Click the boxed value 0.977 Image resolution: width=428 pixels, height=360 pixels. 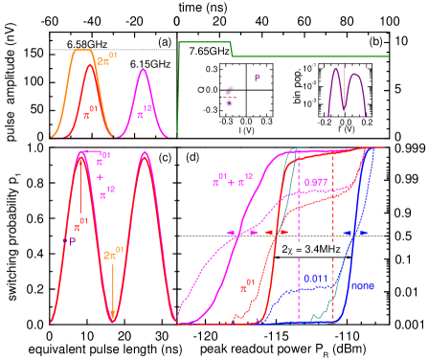315,182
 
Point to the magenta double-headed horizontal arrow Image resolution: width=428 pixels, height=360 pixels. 239,233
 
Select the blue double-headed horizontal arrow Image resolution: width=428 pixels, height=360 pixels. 355,233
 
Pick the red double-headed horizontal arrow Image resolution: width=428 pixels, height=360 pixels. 277,233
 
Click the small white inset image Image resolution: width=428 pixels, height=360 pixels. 229,96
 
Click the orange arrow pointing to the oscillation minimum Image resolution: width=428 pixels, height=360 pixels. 113,287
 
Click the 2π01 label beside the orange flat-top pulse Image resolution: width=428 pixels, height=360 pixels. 107,61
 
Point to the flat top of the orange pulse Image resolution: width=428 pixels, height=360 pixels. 84,50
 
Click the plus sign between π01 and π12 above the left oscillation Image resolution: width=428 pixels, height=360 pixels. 101,176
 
